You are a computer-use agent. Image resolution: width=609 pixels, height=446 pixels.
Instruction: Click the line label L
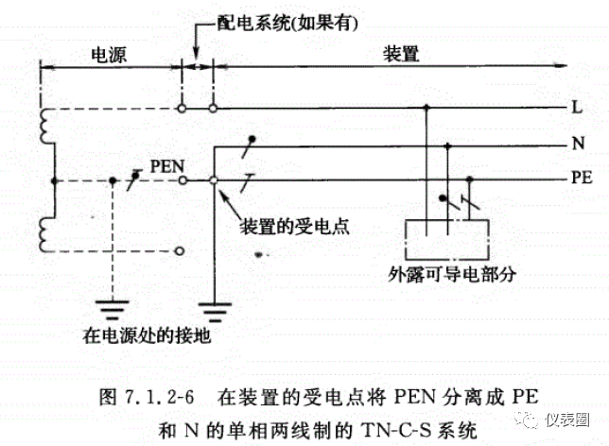[x=576, y=109]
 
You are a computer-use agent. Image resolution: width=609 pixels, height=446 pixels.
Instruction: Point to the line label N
[x=576, y=144]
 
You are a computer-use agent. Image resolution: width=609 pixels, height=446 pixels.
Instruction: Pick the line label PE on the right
[x=581, y=179]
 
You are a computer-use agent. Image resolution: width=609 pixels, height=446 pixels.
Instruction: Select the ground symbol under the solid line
[x=216, y=308]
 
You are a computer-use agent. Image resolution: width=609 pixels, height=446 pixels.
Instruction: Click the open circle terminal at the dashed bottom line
[x=180, y=252]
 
